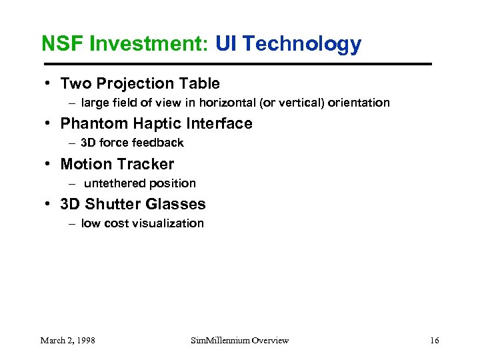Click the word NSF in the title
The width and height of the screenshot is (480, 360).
click(x=59, y=44)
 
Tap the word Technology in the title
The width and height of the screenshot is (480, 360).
click(x=303, y=44)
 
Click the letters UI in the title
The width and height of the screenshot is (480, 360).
click(x=227, y=44)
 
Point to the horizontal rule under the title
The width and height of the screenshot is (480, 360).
click(x=237, y=64)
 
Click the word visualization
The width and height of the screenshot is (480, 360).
click(x=167, y=223)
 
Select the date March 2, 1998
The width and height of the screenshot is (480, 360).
click(x=67, y=341)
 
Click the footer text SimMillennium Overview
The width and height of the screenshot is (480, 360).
click(x=239, y=341)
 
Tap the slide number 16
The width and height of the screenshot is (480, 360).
click(x=434, y=341)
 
